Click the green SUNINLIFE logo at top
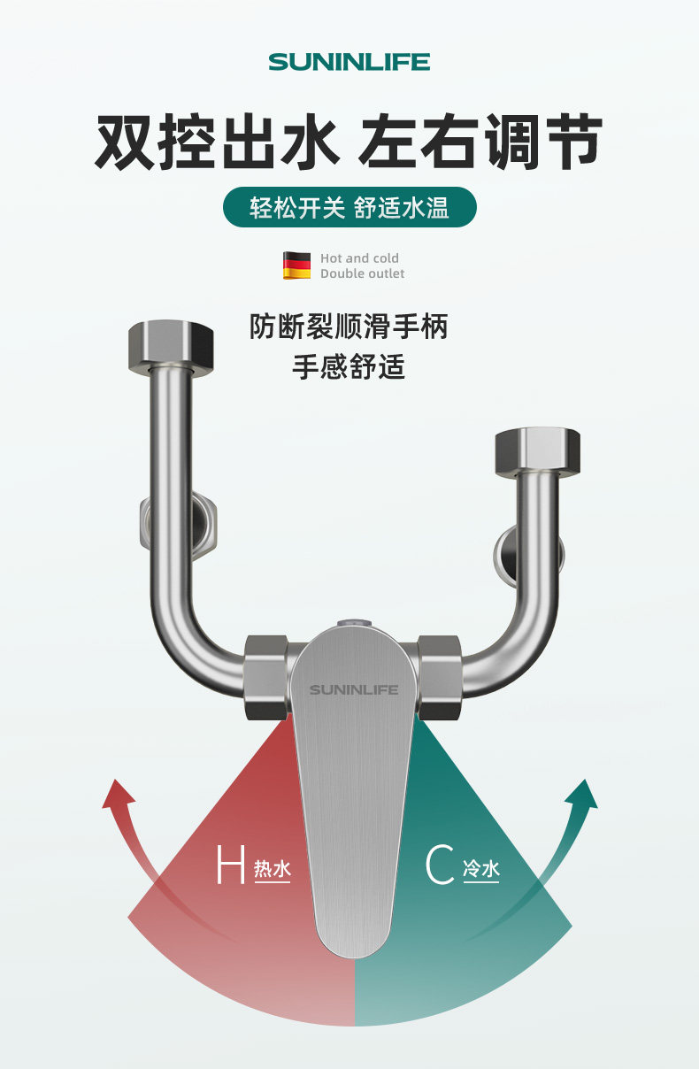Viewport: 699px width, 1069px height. tap(349, 62)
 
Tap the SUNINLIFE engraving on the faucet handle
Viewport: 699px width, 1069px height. tap(354, 689)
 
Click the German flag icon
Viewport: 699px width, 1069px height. tap(296, 265)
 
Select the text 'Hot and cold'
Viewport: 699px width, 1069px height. tap(359, 258)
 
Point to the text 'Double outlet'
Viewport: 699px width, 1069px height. tap(362, 274)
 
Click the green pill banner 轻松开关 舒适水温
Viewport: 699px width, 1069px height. tap(349, 208)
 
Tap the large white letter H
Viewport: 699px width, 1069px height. tap(230, 865)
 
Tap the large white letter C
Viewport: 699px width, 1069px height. tap(440, 865)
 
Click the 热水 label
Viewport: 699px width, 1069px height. tap(273, 870)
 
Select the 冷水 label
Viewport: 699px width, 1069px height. tap(481, 870)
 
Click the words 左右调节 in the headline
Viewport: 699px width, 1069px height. tap(480, 142)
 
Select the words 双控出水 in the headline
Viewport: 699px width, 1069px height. tap(218, 142)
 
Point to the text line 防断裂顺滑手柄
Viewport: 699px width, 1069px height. tap(349, 327)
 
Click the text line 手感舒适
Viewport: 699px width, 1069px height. tap(349, 366)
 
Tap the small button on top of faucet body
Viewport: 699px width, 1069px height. tap(354, 623)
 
